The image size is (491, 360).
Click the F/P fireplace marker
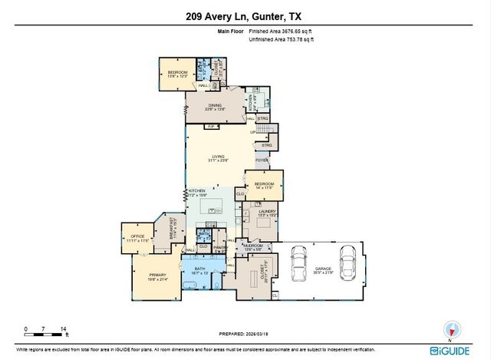click(210, 127)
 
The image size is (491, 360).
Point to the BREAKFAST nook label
click(173, 228)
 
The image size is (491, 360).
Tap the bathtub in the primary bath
click(189, 283)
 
